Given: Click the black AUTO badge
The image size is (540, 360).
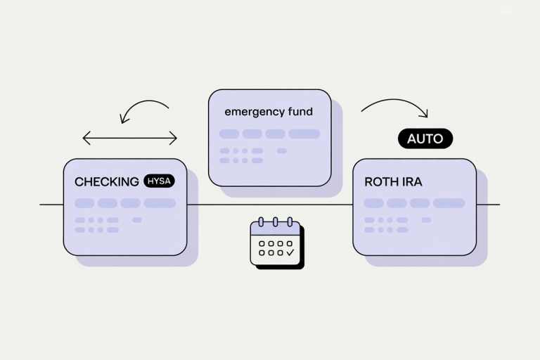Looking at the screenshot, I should tap(425, 139).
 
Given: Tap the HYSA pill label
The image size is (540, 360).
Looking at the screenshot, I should tap(159, 181).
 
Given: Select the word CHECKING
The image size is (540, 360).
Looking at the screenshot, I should tap(107, 181).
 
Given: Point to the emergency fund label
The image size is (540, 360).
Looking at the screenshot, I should tap(269, 112).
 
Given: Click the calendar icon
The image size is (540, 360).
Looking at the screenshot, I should tap(277, 243).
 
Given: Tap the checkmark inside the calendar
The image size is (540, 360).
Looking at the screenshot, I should tap(290, 250).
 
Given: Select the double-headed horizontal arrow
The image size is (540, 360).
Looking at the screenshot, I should tap(130, 138).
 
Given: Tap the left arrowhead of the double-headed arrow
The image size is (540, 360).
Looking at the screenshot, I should tap(86, 138).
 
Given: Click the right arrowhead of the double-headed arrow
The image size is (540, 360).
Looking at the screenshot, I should tap(174, 138).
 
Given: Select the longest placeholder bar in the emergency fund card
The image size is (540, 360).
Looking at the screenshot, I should tap(304, 134).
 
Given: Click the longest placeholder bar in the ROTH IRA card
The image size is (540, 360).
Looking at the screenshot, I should tap(449, 203).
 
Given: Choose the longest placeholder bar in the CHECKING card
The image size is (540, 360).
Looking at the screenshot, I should tap(160, 203).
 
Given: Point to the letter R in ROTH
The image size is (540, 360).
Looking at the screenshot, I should tap(368, 181).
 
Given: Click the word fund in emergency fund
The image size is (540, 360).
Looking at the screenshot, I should tap(300, 112).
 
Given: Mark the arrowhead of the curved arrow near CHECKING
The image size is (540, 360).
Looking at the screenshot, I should tap(124, 118).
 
